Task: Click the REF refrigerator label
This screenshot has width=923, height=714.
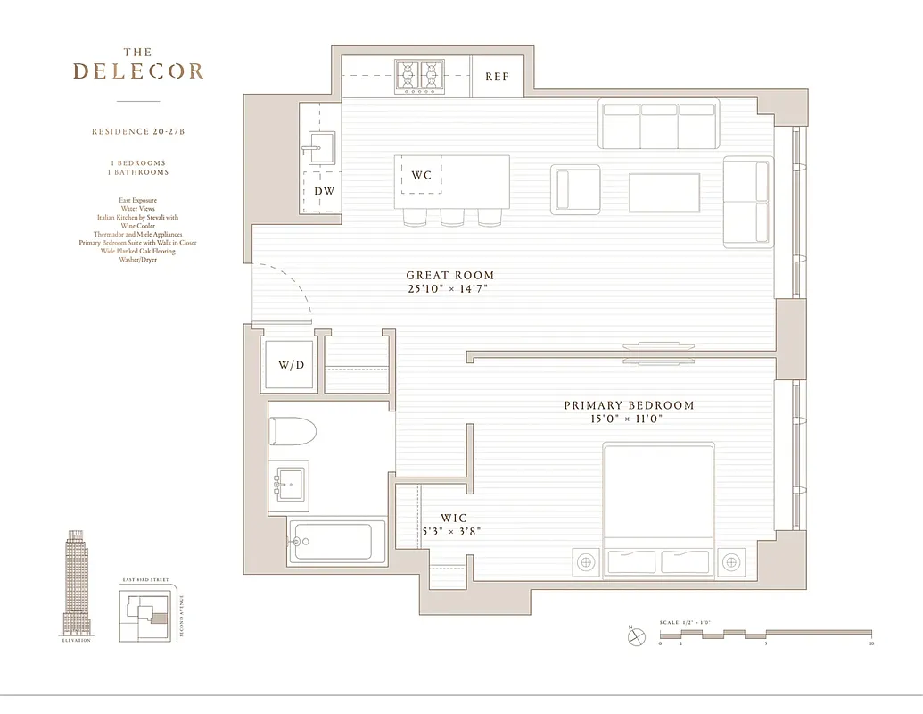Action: [497, 77]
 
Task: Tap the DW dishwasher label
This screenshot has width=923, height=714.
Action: [324, 191]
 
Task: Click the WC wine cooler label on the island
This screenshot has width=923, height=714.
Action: [421, 175]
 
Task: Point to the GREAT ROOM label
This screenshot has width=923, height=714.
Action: [449, 276]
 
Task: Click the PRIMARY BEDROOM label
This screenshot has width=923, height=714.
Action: [628, 405]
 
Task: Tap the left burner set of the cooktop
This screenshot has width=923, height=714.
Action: [408, 77]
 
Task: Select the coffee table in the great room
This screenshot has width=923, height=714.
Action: [664, 193]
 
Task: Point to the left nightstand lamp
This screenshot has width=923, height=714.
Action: [586, 562]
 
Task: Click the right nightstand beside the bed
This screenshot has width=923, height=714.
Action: [731, 562]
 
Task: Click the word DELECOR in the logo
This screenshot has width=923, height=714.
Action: [138, 71]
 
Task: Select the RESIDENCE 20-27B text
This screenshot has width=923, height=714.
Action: [138, 131]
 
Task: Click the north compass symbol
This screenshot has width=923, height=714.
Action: [634, 637]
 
